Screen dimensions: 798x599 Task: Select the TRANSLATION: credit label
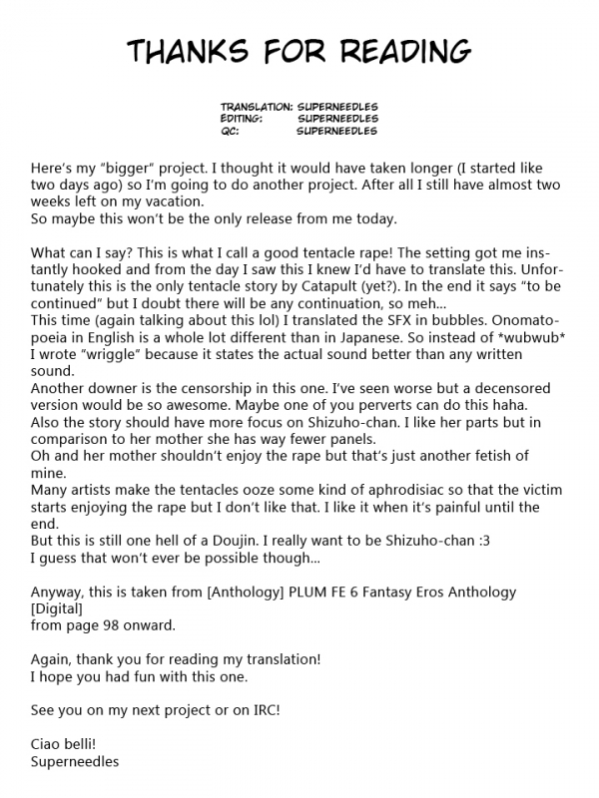pos(257,106)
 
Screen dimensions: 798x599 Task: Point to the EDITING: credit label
pos(243,118)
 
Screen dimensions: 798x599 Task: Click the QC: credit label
pos(231,130)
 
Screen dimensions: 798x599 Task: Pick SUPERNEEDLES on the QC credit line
pos(337,130)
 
